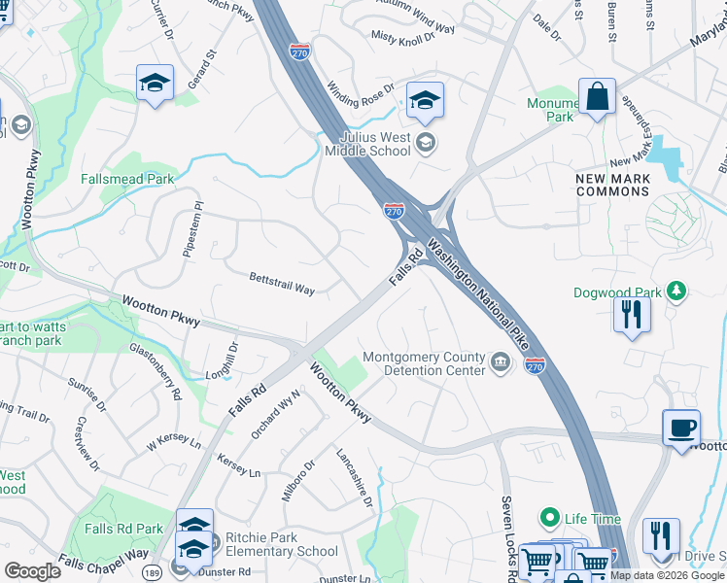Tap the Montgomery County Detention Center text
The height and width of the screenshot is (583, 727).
[423, 363]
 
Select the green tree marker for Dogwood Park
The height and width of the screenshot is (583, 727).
[677, 291]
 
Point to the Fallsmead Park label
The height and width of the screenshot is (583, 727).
[127, 179]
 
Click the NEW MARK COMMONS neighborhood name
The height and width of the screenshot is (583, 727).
[612, 185]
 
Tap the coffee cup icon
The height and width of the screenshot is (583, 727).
[681, 428]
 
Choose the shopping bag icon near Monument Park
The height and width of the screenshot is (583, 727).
[597, 97]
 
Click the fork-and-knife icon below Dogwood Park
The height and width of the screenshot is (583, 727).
[632, 315]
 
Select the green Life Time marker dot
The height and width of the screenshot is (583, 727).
[550, 517]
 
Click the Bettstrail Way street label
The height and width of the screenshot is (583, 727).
[282, 283]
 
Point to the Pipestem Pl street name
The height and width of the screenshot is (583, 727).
[191, 229]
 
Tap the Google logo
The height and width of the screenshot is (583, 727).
[33, 570]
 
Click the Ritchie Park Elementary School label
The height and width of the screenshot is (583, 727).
[267, 544]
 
